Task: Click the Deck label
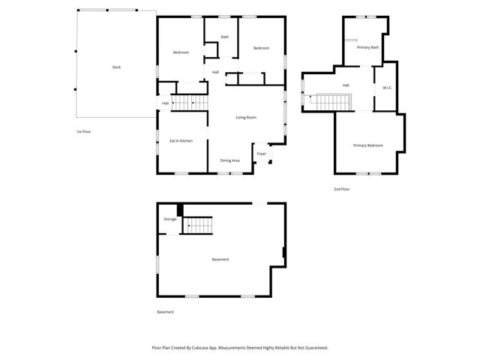(116, 67)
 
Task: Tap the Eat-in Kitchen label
(181, 140)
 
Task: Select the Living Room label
(246, 118)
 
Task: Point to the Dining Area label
(229, 160)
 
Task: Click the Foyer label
(261, 154)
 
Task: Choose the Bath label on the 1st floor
(224, 37)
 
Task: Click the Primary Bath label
(367, 47)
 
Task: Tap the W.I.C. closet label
(387, 87)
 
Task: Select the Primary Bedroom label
(368, 145)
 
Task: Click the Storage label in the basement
(170, 219)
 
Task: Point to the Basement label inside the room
(220, 259)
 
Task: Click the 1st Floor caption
(83, 131)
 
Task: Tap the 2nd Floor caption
(342, 189)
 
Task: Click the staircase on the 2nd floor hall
(329, 100)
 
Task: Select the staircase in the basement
(199, 223)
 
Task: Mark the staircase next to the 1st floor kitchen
(189, 103)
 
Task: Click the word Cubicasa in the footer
(202, 348)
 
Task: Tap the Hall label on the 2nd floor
(346, 85)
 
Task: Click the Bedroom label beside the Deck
(181, 52)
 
